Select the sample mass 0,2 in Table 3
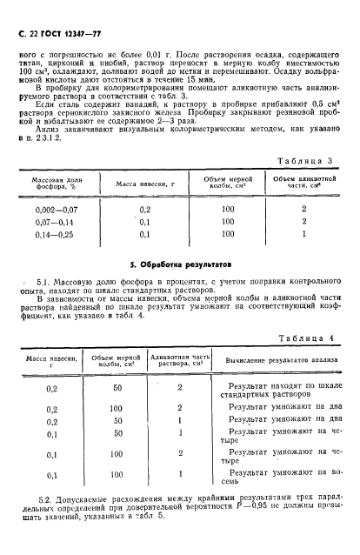tap(144, 210)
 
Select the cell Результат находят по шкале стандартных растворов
tap(277, 389)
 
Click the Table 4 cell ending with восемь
tap(277, 480)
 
